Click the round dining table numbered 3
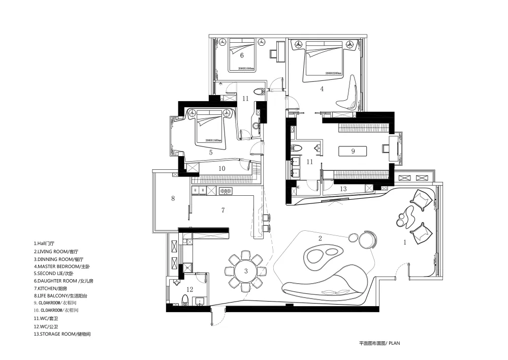tap(246, 271)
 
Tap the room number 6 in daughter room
tap(242, 55)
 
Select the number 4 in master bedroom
tap(322, 88)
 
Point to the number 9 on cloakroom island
tap(352, 151)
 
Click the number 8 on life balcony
tap(173, 198)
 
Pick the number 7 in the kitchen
tap(223, 209)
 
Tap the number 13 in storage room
tap(343, 189)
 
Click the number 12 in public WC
tap(189, 289)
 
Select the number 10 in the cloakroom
tap(221, 168)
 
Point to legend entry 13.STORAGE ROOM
tap(62, 334)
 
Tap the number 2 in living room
tap(320, 238)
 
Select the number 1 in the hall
tap(405, 243)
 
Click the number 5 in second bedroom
tap(210, 152)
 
